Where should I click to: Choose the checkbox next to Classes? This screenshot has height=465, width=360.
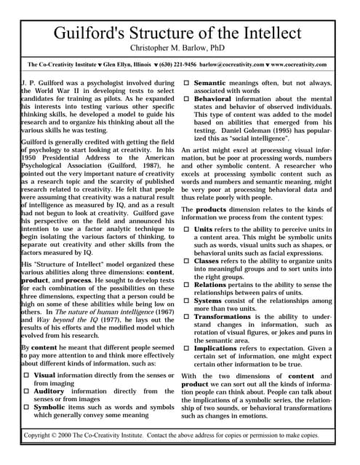pyautogui.click(x=186, y=259)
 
